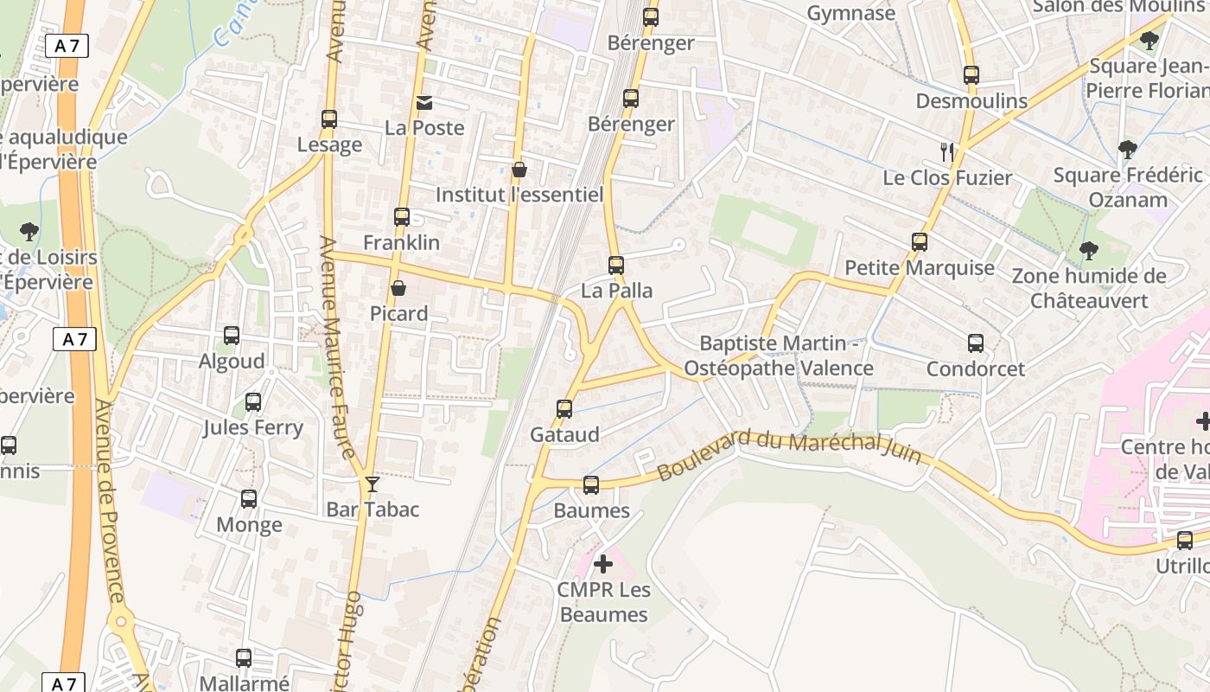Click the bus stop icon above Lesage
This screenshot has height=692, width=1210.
click(328, 119)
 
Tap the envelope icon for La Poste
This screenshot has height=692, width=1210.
click(424, 103)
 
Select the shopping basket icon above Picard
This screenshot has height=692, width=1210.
click(398, 288)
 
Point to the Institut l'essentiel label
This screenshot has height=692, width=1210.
click(519, 195)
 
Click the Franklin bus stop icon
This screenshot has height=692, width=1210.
click(402, 217)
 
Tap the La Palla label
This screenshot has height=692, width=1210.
click(616, 291)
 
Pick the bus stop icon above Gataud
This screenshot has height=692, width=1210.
click(564, 409)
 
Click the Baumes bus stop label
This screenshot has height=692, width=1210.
click(591, 510)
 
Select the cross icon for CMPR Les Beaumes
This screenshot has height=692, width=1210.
click(603, 565)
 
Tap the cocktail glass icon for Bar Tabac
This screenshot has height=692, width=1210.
click(373, 484)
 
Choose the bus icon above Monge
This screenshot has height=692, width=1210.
click(249, 499)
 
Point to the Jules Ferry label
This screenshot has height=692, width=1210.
click(252, 427)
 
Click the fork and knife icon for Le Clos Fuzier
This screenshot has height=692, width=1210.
click(947, 152)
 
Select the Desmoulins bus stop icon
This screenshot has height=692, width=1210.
click(971, 76)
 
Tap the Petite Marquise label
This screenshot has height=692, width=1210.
click(919, 267)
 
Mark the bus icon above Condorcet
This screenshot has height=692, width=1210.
click(976, 343)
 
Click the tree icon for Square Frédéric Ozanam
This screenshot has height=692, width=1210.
click(1127, 150)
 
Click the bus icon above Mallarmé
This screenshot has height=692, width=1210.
click(244, 658)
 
